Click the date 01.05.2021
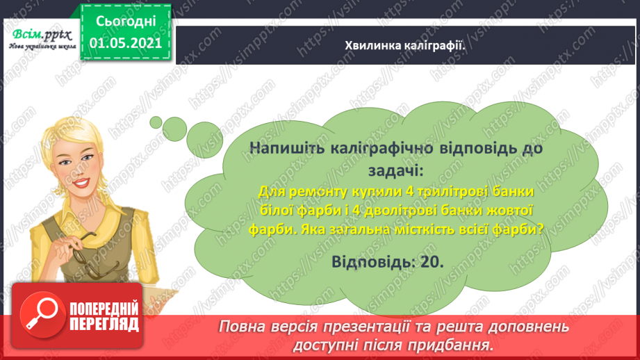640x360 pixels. tap(126, 42)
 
